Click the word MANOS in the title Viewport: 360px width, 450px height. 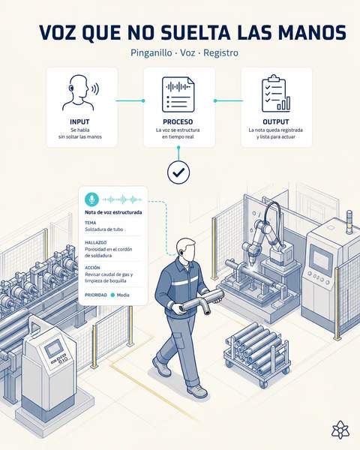coord(312,32)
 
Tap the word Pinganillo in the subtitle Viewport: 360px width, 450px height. coord(151,52)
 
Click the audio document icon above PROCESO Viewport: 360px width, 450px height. coord(178,94)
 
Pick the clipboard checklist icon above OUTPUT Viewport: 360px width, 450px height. coord(276,94)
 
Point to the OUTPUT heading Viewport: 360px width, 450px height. coord(276,121)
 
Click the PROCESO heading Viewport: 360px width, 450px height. coord(178,121)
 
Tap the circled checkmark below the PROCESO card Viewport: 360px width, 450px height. coord(178,172)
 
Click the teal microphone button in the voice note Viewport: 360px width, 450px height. coord(91,199)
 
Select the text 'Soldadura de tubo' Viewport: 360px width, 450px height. coord(104,229)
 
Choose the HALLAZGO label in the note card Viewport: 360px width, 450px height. coord(95,242)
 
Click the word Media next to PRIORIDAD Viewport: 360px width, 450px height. coord(123,295)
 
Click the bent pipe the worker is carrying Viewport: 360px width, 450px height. coord(201,301)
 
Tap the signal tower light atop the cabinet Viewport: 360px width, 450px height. coord(349,222)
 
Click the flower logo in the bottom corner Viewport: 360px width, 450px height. coord(340,430)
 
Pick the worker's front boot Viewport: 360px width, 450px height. coord(197,391)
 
